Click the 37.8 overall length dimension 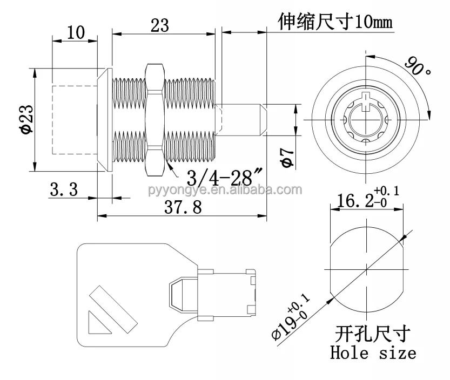(183, 207)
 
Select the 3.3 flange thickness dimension (64, 189)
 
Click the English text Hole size (373, 353)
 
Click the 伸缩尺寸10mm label (334, 22)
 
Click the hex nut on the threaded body (154, 119)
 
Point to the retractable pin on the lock (243, 119)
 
